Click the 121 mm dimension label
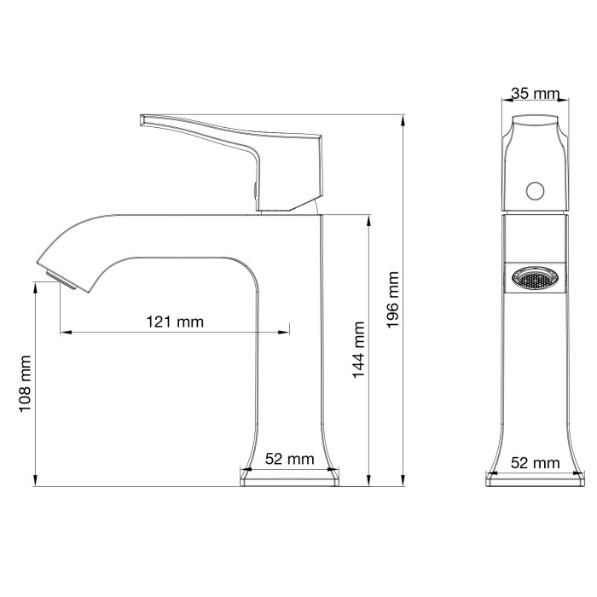(175, 322)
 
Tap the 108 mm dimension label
(25, 385)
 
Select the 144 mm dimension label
(358, 349)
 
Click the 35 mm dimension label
(535, 94)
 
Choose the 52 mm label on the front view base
(535, 463)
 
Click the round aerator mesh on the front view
(534, 278)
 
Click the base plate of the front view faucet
(535, 480)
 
